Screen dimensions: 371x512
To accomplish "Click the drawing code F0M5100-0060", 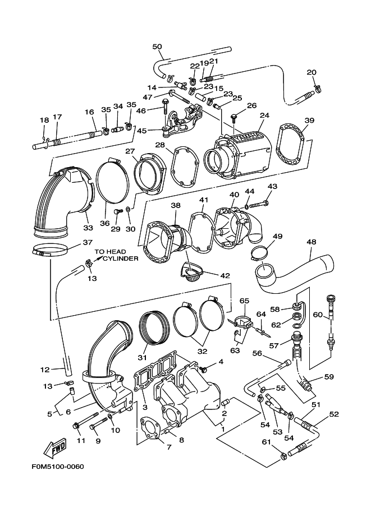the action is click(58, 466).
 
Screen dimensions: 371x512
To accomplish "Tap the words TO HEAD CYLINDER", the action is click(116, 255).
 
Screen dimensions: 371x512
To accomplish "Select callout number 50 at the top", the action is click(157, 47).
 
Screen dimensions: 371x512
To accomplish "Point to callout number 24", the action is click(264, 116).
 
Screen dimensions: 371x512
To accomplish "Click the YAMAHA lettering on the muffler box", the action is click(248, 136).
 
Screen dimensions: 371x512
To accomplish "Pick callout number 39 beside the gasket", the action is click(309, 120).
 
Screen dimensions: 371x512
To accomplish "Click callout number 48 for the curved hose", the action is click(312, 242).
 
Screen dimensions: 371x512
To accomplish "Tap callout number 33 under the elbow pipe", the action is click(88, 228).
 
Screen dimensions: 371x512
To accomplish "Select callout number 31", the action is click(142, 357).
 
